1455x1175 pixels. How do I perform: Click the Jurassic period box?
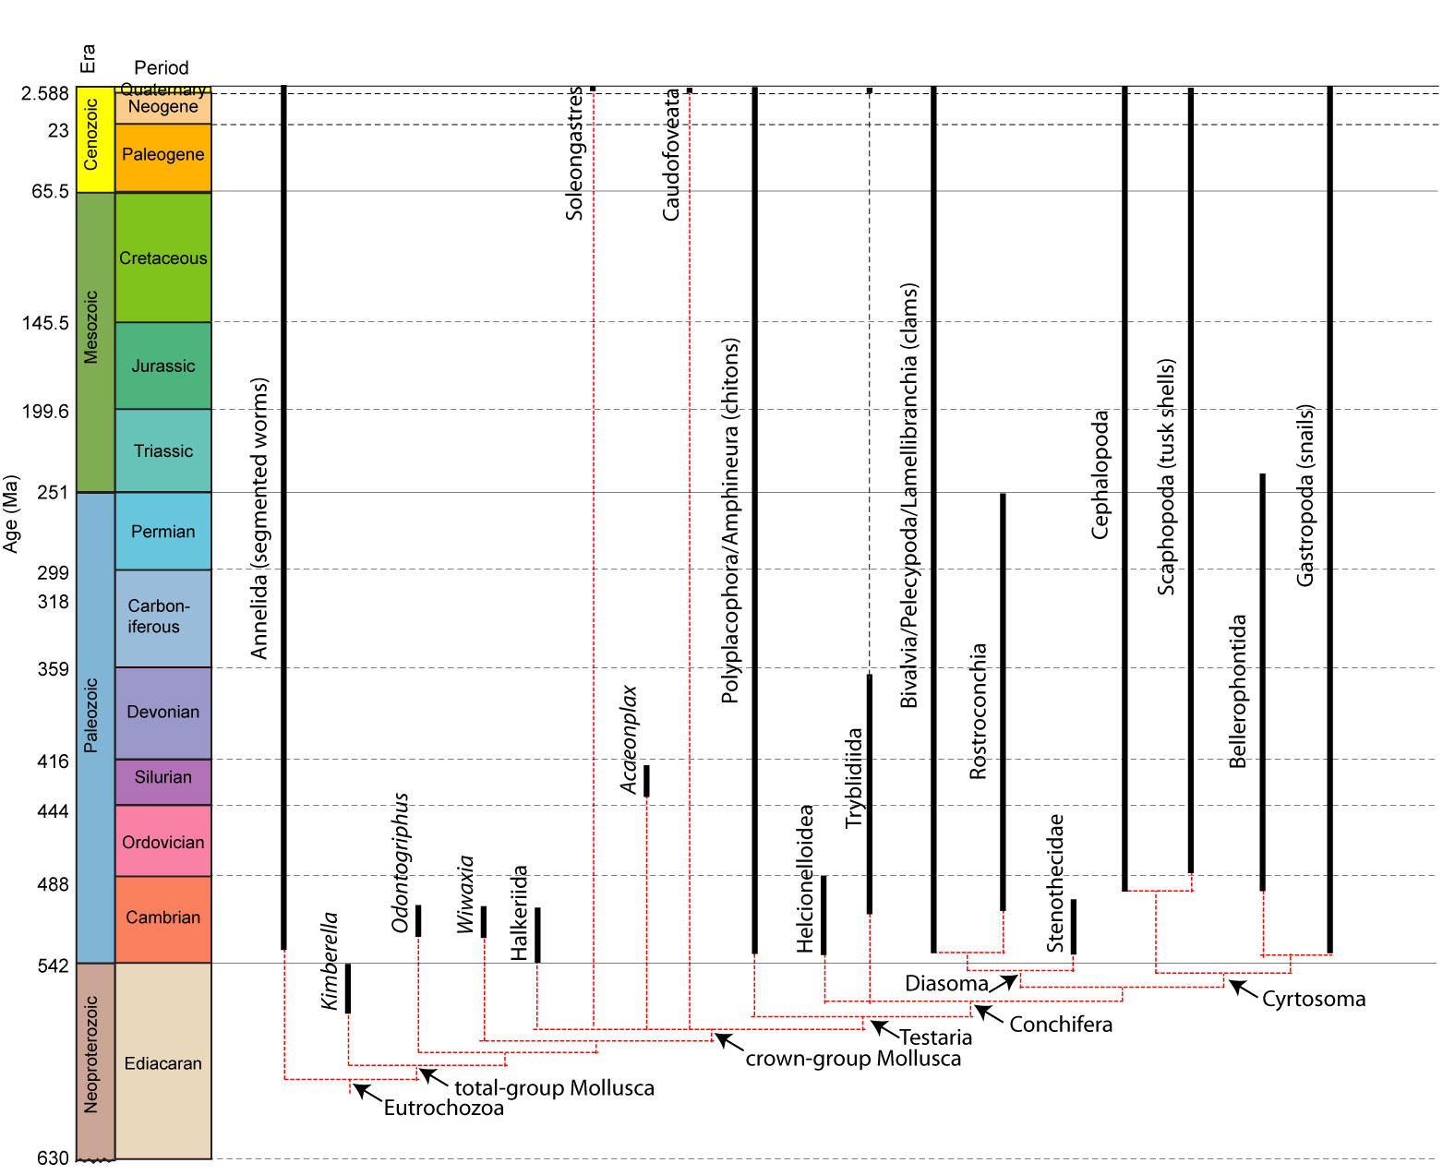point(162,366)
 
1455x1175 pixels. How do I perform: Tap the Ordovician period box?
point(162,841)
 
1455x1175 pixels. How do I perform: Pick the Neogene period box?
point(162,107)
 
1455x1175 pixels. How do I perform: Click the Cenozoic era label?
point(90,135)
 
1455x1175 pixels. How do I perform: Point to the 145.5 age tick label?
point(45,323)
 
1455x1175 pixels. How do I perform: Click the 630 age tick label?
point(53,1157)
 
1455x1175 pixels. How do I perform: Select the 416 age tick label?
point(53,761)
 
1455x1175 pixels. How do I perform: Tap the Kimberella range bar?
point(348,988)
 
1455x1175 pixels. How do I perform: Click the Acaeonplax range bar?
point(646,781)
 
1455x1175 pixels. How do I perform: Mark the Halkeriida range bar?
point(537,934)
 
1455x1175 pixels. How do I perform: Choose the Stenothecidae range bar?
point(1073,926)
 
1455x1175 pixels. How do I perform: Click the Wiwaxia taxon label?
point(466,894)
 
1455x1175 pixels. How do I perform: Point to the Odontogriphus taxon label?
point(400,862)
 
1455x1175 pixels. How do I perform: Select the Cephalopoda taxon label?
point(1100,474)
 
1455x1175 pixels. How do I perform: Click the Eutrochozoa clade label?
point(443,1108)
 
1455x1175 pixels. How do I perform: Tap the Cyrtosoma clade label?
point(1313,999)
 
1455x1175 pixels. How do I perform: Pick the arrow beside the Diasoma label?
point(1004,982)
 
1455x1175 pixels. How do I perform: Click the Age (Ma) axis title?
point(11,513)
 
